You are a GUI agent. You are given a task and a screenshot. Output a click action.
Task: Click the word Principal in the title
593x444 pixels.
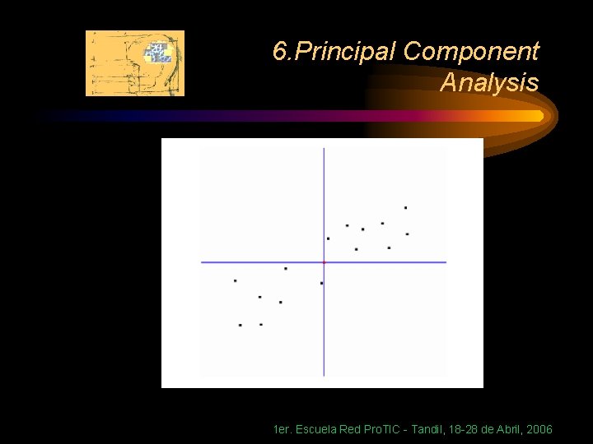pos(347,52)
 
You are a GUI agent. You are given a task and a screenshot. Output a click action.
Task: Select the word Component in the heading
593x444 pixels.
pos(471,52)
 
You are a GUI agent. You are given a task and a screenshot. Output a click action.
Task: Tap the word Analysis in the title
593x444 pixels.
pos(489,82)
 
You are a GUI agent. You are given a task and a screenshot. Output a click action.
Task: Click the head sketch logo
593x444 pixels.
pos(135,63)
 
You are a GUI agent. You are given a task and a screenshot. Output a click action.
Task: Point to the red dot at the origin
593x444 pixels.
pos(324,262)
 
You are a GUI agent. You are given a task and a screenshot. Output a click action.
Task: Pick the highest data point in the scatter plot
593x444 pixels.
pos(405,208)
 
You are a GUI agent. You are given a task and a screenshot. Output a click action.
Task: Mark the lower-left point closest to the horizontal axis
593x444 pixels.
pos(286,268)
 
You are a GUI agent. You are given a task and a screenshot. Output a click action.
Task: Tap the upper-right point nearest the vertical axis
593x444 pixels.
pos(328,238)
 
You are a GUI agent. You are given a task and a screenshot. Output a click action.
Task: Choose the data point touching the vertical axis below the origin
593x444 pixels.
pos(321,283)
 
